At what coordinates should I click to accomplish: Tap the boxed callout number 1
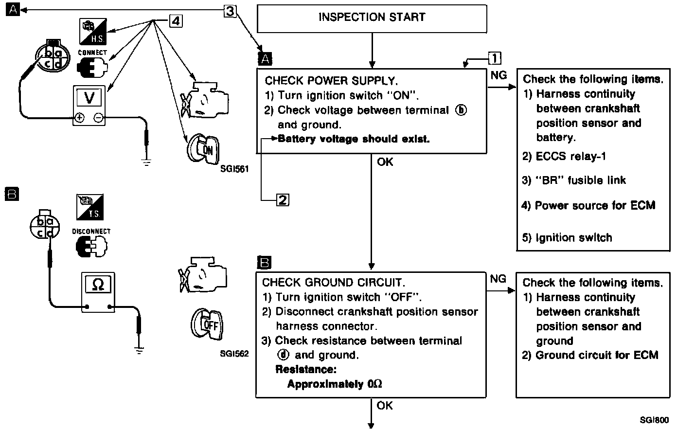pyautogui.click(x=494, y=58)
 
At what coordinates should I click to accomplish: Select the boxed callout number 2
pyautogui.click(x=283, y=199)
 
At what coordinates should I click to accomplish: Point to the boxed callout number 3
pyautogui.click(x=231, y=11)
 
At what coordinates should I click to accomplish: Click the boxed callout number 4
pyautogui.click(x=176, y=21)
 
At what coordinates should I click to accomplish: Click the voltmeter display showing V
pyautogui.click(x=89, y=98)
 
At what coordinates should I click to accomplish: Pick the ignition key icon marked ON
pyautogui.click(x=203, y=148)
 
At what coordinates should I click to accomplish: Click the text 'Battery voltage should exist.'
pyautogui.click(x=354, y=139)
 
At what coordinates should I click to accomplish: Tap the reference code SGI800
pyautogui.click(x=654, y=419)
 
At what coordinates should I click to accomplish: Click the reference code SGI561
pyautogui.click(x=234, y=170)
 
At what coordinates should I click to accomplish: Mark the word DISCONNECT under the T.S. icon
pyautogui.click(x=91, y=232)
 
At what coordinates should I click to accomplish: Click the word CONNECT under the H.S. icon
pyautogui.click(x=92, y=53)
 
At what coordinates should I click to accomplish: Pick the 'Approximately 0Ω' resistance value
pyautogui.click(x=335, y=384)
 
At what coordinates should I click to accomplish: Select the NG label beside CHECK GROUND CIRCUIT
pyautogui.click(x=498, y=279)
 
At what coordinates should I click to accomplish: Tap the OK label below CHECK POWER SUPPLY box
pyautogui.click(x=385, y=162)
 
